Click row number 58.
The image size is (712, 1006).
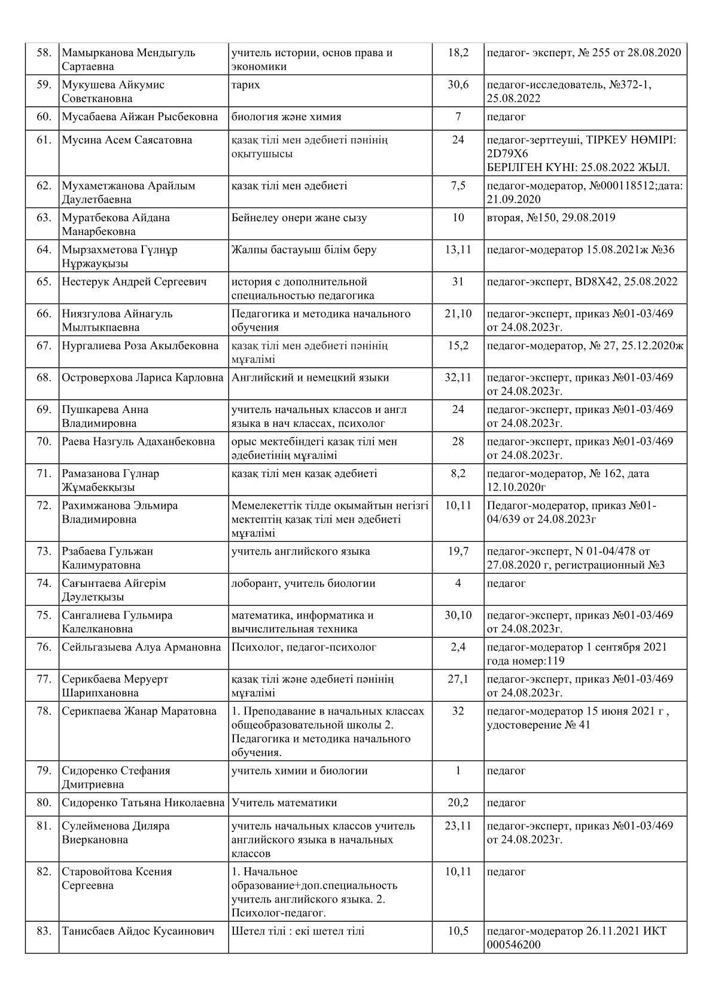tap(44, 53)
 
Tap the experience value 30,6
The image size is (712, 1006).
tap(458, 85)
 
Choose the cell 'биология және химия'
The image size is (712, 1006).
tap(286, 117)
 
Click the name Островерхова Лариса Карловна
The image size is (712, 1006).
tap(142, 378)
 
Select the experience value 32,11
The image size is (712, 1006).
tap(458, 378)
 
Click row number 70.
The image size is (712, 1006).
tap(44, 442)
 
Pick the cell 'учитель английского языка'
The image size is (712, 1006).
tap(300, 551)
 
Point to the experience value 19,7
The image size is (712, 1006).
tap(458, 551)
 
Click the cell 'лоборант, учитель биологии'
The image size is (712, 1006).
tap(303, 583)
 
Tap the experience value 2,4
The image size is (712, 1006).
tap(458, 647)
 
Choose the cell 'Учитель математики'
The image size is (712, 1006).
tap(284, 803)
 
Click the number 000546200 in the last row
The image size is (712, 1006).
tap(514, 945)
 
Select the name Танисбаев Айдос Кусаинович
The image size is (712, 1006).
tap(138, 931)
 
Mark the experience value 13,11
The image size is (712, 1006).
tap(458, 250)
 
